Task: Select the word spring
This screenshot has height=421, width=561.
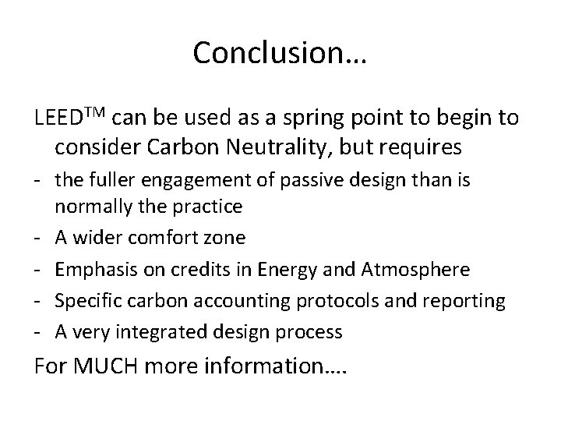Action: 302,121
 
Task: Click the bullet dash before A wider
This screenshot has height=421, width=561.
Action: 38,238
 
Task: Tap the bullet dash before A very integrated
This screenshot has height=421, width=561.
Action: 38,331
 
